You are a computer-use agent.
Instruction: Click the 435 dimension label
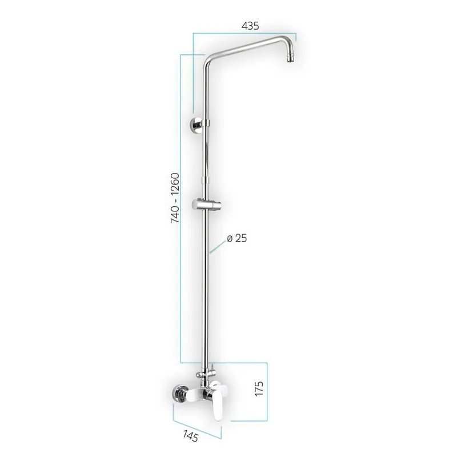pyautogui.click(x=250, y=25)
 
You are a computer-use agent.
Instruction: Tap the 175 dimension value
pyautogui.click(x=259, y=390)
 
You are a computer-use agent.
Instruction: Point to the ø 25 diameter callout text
pyautogui.click(x=237, y=238)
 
